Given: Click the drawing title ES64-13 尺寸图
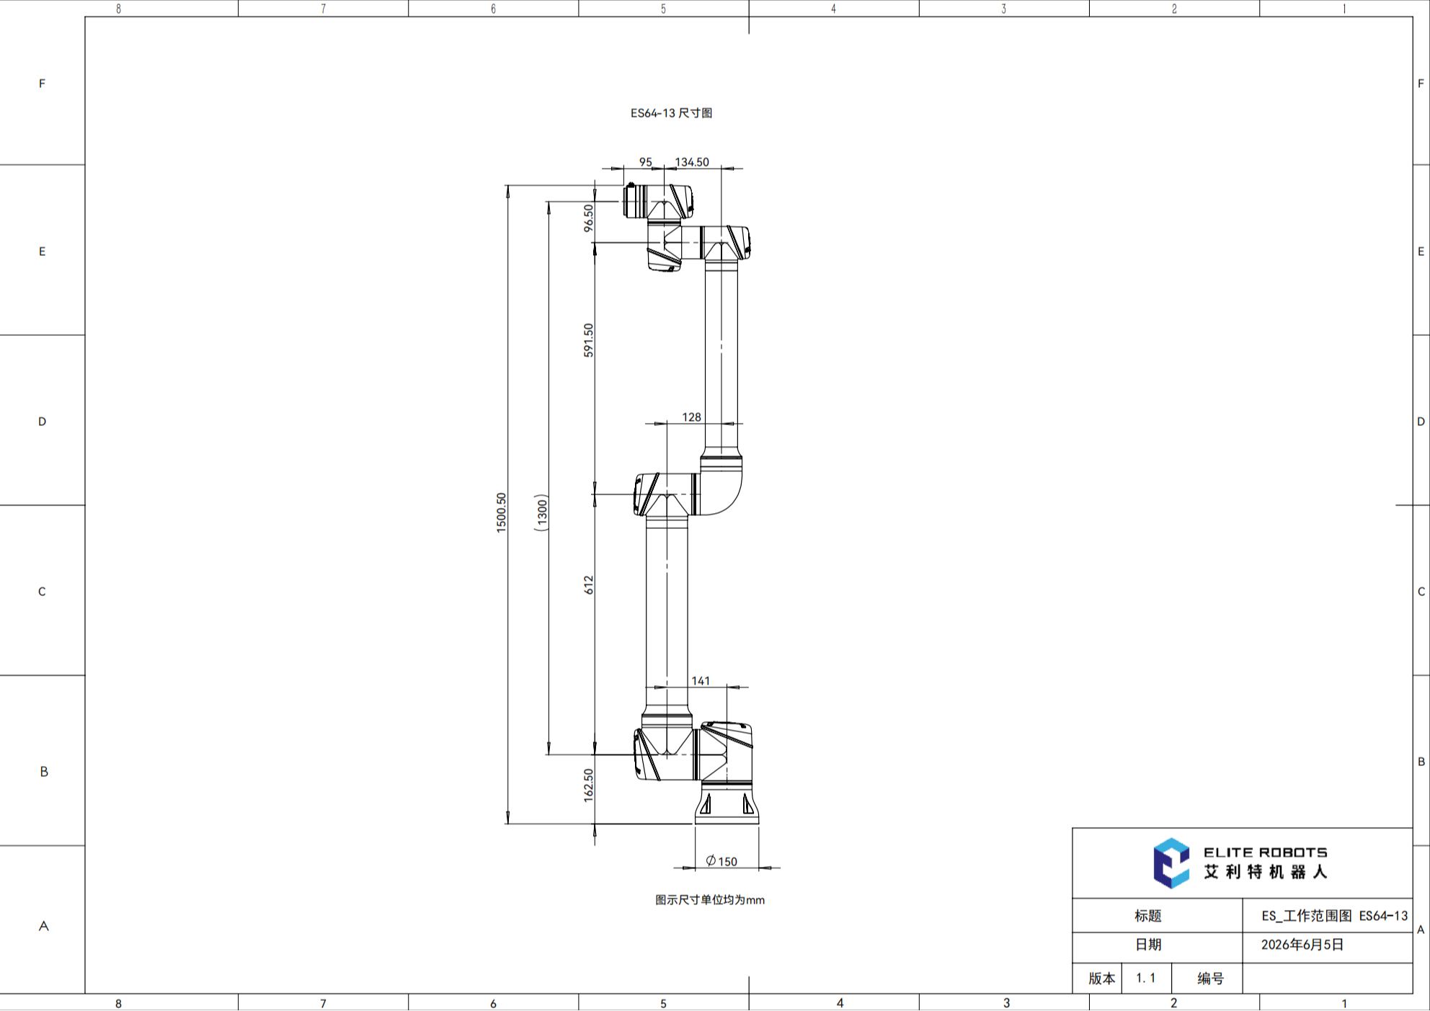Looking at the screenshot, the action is [671, 113].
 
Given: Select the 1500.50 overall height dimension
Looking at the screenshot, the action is [502, 512].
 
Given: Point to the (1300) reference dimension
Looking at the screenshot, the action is [541, 512].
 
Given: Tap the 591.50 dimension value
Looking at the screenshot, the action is [589, 340].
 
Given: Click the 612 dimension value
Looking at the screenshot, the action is [589, 584].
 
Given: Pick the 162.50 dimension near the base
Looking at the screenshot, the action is [589, 785].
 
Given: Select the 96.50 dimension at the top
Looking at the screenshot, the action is [589, 218].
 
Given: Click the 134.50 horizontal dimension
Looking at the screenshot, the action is [692, 162].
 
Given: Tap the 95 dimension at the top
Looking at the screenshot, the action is [646, 162].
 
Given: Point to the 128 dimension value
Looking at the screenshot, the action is [691, 417].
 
